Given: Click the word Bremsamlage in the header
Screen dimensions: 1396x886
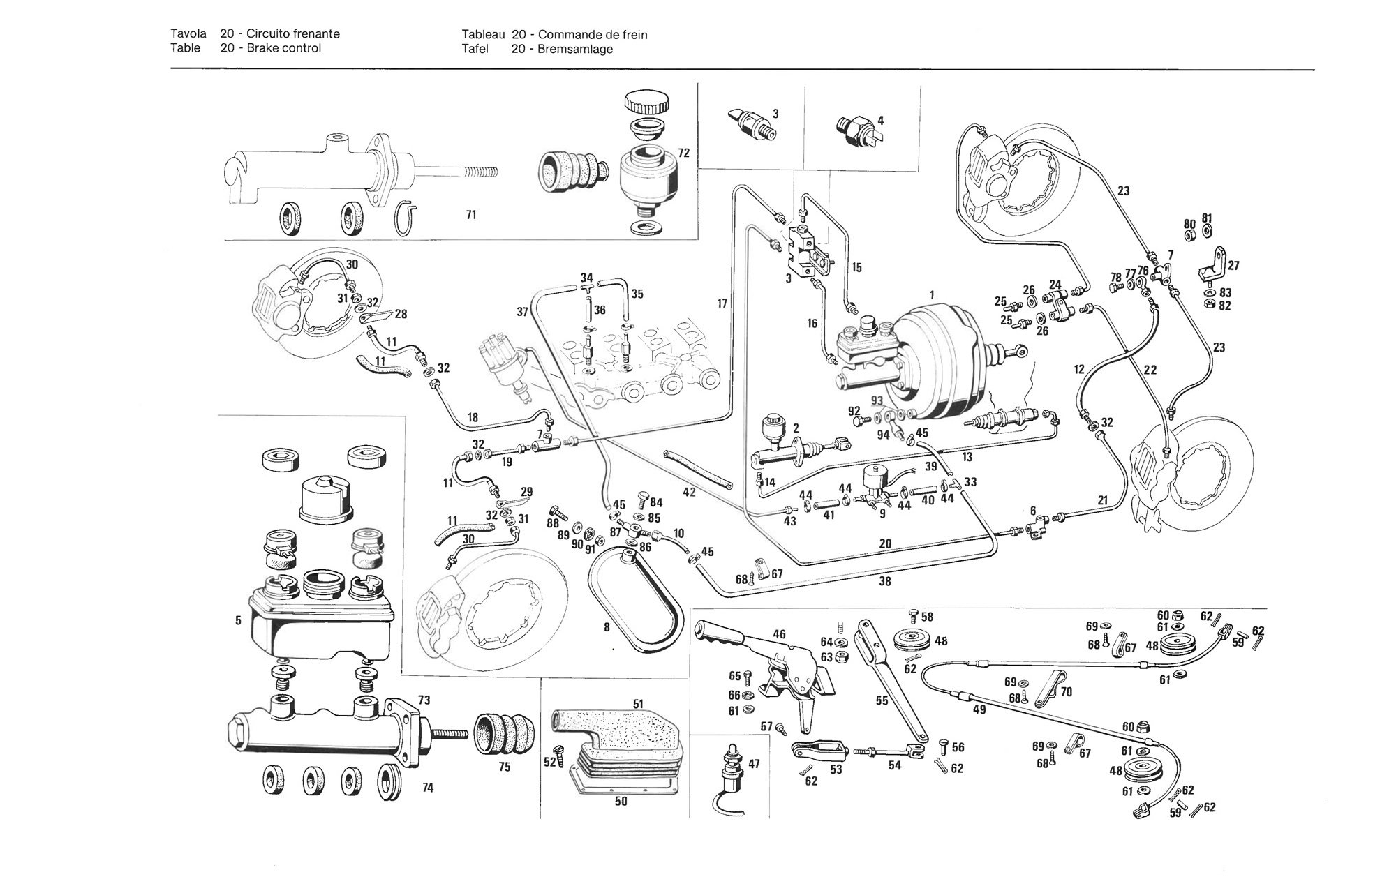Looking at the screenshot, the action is [575, 49].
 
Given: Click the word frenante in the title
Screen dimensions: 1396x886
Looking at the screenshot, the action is [315, 33].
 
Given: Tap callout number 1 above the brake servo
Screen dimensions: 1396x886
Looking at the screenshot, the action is [931, 295].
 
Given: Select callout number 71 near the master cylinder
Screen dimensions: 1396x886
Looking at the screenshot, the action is [471, 215].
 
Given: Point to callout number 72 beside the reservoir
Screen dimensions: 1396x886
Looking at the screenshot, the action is [684, 153].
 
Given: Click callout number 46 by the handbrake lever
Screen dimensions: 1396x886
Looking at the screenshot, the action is [779, 634].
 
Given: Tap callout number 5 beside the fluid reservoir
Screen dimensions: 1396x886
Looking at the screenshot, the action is [238, 620].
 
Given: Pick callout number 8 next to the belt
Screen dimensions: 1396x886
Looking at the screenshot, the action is [607, 627].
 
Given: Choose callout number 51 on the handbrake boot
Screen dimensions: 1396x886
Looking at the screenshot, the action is [638, 704].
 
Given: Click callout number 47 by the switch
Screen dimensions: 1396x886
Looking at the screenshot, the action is [754, 764].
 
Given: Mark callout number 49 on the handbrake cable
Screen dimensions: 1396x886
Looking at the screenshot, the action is [979, 709].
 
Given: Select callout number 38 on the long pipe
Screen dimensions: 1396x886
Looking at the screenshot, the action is [885, 580].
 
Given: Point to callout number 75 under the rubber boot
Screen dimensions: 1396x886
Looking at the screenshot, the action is [505, 767].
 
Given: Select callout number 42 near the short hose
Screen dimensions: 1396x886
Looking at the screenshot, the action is [690, 492].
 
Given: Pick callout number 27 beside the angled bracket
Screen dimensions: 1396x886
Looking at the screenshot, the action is [1234, 266].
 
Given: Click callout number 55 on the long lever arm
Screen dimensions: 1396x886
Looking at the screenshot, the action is [882, 700].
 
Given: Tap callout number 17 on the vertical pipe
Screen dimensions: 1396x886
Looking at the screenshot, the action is [722, 303].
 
